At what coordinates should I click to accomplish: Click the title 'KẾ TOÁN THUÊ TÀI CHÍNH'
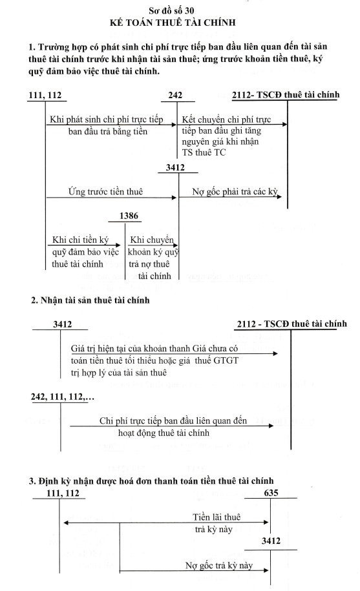coord(173,23)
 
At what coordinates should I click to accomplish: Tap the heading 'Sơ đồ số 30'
coord(171,10)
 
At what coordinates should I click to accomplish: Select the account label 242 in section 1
coord(175,95)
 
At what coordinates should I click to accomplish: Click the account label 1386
coord(129,216)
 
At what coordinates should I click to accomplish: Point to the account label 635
coord(271,493)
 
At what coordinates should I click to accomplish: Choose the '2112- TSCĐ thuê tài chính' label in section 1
coord(286,94)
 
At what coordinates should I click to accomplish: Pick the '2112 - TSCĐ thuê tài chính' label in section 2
coord(291,324)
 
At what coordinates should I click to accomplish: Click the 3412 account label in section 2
coord(63,324)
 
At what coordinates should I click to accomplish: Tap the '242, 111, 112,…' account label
coord(63,397)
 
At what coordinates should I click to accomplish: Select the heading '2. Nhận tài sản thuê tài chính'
coord(90,300)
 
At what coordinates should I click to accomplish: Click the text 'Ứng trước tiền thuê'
coord(105,191)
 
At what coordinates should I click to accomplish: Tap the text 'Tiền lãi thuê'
coord(217,517)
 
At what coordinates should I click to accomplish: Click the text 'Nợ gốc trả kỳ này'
coord(219,565)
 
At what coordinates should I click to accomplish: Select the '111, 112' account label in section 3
coord(63,493)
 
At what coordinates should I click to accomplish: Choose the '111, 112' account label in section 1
coord(45,95)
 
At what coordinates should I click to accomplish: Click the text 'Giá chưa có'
coord(215,348)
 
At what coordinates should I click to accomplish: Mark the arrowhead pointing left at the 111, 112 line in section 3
coord(66,523)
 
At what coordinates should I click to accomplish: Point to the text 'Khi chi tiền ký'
coord(80,240)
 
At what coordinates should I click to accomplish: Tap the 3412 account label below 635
coord(271,541)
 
